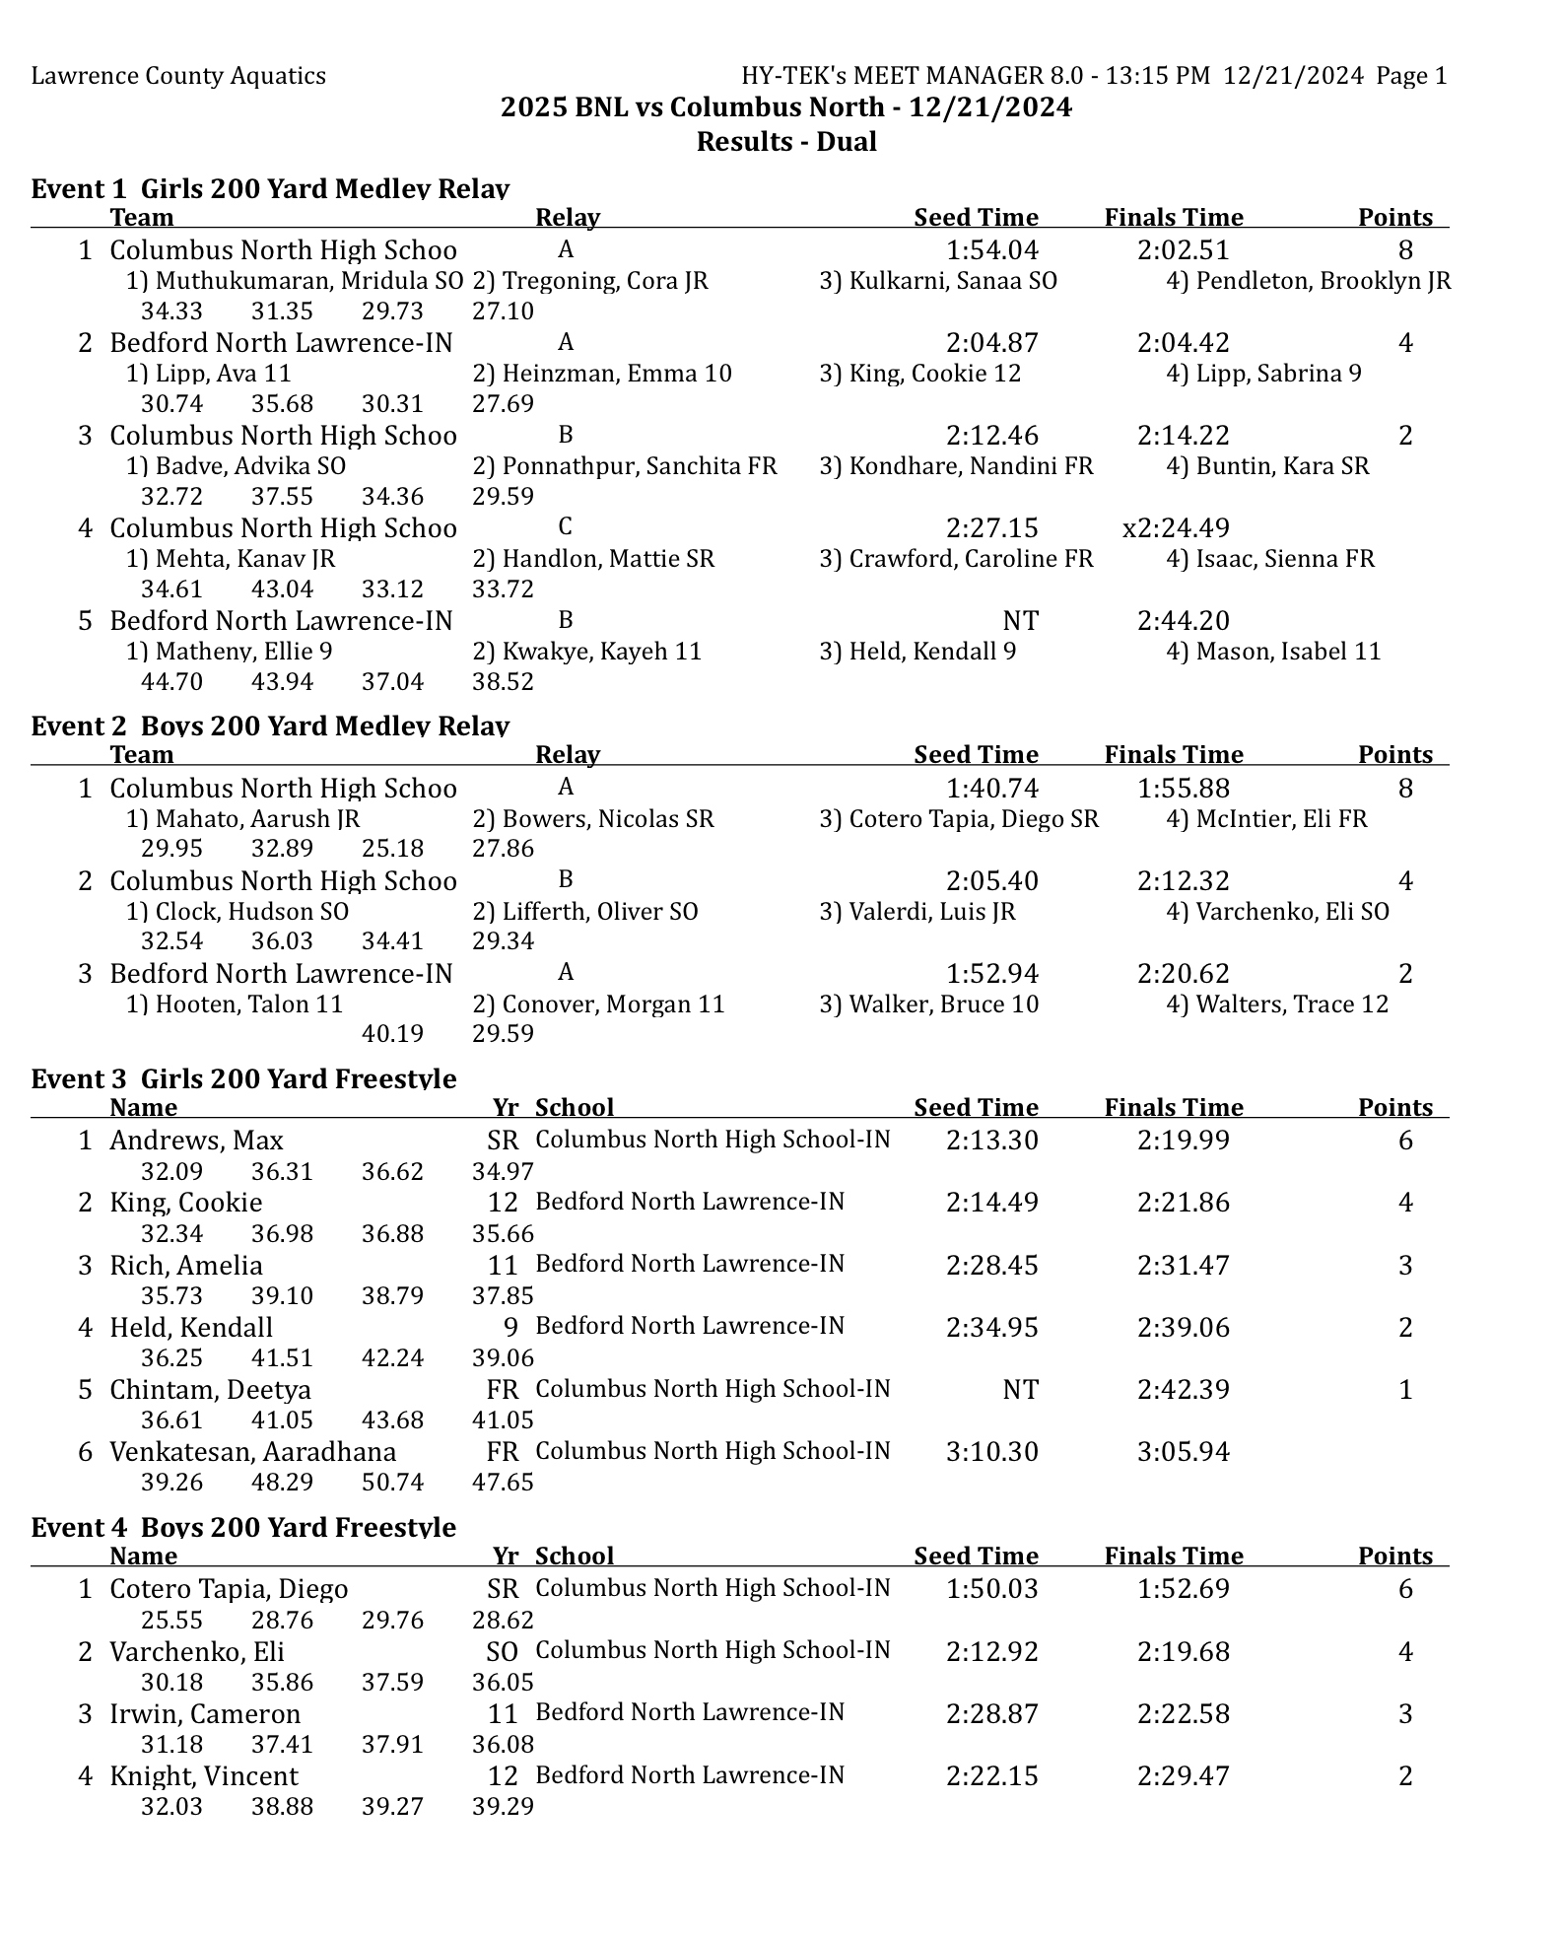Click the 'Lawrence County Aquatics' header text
pyautogui.click(x=178, y=76)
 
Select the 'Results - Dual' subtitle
pyautogui.click(x=785, y=142)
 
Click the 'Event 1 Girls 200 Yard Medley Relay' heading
pyautogui.click(x=270, y=188)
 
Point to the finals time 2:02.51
pyautogui.click(x=1183, y=250)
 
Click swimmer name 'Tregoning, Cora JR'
pyautogui.click(x=590, y=281)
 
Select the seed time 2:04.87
pyautogui.click(x=991, y=343)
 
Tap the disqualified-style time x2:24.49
pyautogui.click(x=1176, y=528)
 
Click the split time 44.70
pyautogui.click(x=171, y=682)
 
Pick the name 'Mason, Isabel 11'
pyautogui.click(x=1273, y=652)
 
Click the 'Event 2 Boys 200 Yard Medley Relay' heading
pyautogui.click(x=270, y=726)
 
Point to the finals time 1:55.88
pyautogui.click(x=1183, y=789)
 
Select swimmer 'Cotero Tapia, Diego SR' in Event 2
pyautogui.click(x=959, y=819)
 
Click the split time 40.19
pyautogui.click(x=392, y=1034)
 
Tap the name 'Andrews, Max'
pyautogui.click(x=196, y=1141)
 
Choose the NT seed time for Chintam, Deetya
pyautogui.click(x=1020, y=1390)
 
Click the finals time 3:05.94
pyautogui.click(x=1183, y=1452)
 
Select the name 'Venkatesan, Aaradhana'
pyautogui.click(x=252, y=1452)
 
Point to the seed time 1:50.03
pyautogui.click(x=991, y=1589)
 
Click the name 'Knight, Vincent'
pyautogui.click(x=203, y=1776)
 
